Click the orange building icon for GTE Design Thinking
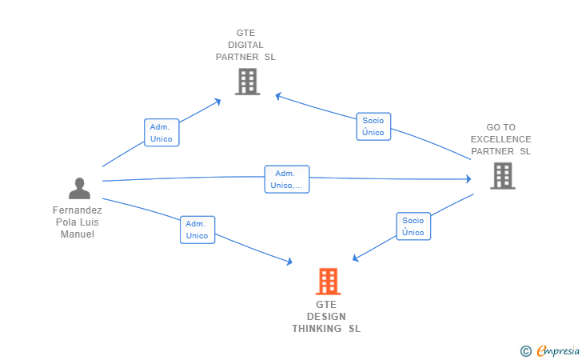(328, 282)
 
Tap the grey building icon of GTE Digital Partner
(247, 81)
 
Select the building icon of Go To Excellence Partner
(502, 175)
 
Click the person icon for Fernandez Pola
(79, 188)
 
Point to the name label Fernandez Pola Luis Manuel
(78, 222)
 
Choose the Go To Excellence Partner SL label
(500, 139)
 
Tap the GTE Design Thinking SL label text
(326, 317)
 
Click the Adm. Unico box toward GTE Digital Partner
(161, 133)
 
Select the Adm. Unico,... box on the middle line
(286, 179)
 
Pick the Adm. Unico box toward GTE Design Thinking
(197, 230)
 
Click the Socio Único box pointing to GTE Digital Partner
(373, 126)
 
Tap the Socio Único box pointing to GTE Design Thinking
(413, 226)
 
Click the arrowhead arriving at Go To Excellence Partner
(469, 179)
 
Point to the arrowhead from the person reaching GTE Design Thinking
(289, 262)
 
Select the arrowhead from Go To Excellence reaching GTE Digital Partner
(278, 96)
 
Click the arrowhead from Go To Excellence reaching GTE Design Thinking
(356, 258)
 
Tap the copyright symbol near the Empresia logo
(525, 350)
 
